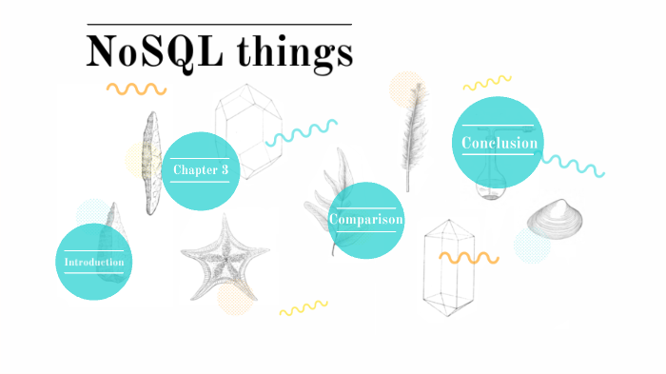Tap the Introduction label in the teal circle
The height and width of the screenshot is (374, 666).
click(x=93, y=262)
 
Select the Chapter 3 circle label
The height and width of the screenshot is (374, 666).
click(x=200, y=170)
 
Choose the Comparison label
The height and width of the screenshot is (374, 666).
click(x=366, y=220)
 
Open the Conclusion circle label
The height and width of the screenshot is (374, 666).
click(x=499, y=144)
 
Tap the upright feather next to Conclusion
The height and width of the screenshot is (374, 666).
click(x=411, y=133)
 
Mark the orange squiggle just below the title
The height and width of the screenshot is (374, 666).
click(x=136, y=89)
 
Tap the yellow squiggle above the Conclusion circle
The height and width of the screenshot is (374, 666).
click(x=487, y=84)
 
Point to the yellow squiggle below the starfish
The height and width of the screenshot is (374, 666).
click(x=303, y=307)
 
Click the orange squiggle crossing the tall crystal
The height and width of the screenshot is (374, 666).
click(x=468, y=257)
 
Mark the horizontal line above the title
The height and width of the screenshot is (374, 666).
click(x=219, y=24)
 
